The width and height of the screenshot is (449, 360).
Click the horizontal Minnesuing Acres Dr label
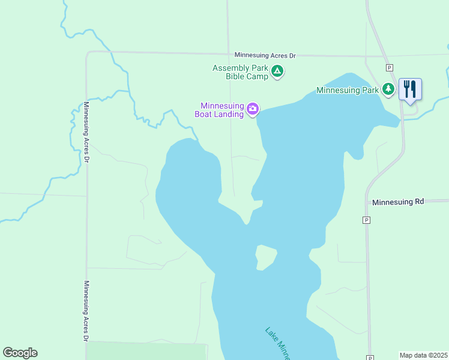[265, 55]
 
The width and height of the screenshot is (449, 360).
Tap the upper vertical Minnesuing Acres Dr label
[86, 133]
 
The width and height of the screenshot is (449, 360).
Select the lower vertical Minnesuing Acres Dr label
[86, 311]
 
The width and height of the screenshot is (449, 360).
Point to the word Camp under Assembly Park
[256, 76]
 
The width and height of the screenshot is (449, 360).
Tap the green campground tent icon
[277, 72]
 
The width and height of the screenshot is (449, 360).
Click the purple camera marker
[253, 109]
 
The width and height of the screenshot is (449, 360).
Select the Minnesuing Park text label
[348, 91]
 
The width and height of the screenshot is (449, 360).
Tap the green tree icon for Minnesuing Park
[388, 90]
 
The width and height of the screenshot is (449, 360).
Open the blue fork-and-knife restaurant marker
[410, 89]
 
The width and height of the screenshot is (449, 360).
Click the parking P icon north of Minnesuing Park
[389, 67]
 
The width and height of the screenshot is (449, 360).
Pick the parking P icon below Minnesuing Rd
[366, 220]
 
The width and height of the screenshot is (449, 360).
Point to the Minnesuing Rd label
[398, 202]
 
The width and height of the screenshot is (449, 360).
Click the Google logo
[20, 353]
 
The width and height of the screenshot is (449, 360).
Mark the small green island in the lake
[265, 257]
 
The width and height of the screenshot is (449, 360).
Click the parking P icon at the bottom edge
[371, 357]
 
